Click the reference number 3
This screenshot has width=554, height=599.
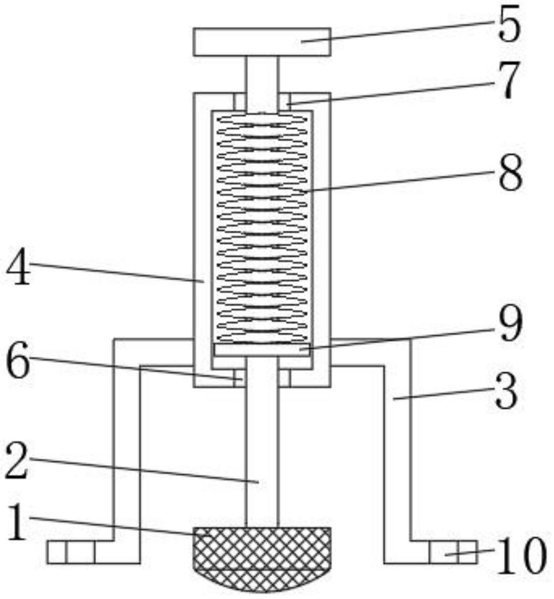pyautogui.click(x=505, y=392)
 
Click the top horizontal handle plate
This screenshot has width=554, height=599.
pyautogui.click(x=261, y=42)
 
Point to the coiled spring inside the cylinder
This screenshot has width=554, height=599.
pyautogui.click(x=261, y=228)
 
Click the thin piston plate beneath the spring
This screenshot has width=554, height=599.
pyautogui.click(x=261, y=350)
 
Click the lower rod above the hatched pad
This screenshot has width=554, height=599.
pyautogui.click(x=261, y=445)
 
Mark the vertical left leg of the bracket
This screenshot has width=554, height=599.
pyautogui.click(x=127, y=450)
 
